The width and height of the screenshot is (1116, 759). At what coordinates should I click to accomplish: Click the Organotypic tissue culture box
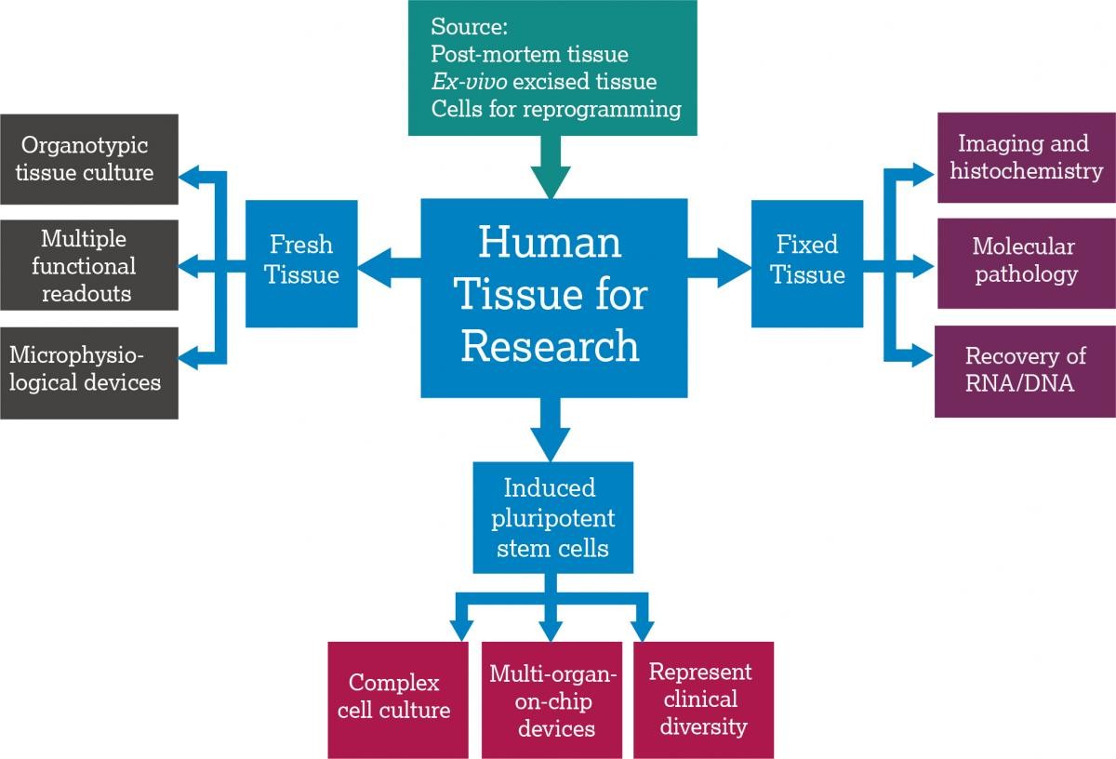click(88, 159)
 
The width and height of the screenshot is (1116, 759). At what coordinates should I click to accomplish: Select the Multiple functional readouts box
click(88, 266)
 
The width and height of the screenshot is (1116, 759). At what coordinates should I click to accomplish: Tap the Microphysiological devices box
click(88, 370)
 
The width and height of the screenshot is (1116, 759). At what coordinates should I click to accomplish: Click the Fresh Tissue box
click(301, 261)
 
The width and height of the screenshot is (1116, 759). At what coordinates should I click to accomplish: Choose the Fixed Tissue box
click(806, 261)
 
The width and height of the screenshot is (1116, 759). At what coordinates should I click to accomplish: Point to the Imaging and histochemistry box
click(1024, 157)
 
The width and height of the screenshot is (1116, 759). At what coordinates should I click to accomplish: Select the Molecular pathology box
click(1024, 260)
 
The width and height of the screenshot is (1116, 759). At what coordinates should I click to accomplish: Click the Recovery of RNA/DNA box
click(1024, 370)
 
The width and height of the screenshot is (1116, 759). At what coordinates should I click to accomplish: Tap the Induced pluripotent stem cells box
click(552, 517)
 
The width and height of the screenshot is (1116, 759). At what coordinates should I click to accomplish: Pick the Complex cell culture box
click(397, 699)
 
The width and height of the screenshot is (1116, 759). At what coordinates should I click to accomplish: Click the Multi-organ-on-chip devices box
click(551, 699)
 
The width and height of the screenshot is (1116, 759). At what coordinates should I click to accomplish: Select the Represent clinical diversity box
click(702, 699)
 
